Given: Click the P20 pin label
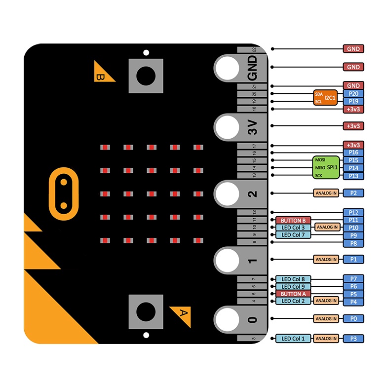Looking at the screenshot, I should tap(353, 93).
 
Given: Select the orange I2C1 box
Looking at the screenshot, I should tap(325, 97).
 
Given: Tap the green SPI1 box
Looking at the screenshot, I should tap(326, 168).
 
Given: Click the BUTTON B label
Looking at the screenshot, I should tap(293, 220).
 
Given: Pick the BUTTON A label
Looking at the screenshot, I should tap(294, 294).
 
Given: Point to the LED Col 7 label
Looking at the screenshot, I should tap(293, 235).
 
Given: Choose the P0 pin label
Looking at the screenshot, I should tap(353, 319).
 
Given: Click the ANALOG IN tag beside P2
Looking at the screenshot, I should tap(326, 193).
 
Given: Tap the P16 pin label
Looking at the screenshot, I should tap(353, 153).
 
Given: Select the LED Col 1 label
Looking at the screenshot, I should tap(293, 339).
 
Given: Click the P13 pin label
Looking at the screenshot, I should tap(353, 176).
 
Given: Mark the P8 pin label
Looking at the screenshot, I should tap(353, 243).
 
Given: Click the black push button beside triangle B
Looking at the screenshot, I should tap(145, 76).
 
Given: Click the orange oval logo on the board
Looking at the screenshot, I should tap(63, 193).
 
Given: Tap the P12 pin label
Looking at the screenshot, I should tap(353, 212).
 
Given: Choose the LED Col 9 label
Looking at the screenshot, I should tap(293, 286).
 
